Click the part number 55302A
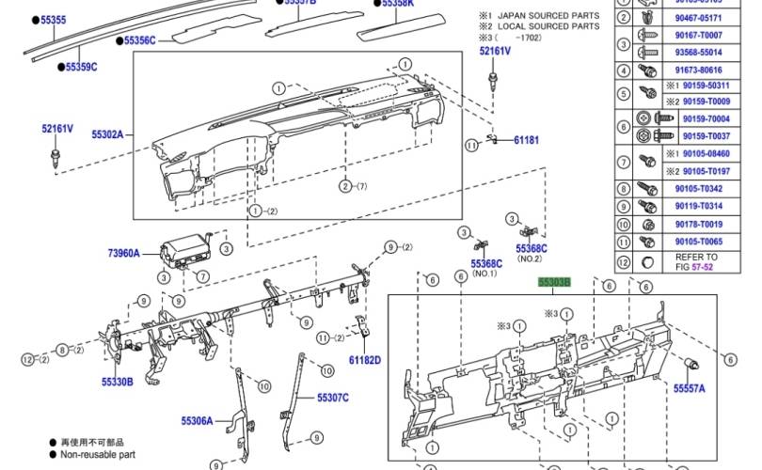point(107,134)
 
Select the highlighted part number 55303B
point(554,282)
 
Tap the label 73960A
point(122,254)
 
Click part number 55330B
point(118,382)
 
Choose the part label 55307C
point(332,399)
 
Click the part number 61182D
point(364,360)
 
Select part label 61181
point(526,140)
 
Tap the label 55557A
point(689,387)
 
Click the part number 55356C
point(139,40)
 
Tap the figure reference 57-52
point(703,268)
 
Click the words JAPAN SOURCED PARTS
point(548,16)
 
